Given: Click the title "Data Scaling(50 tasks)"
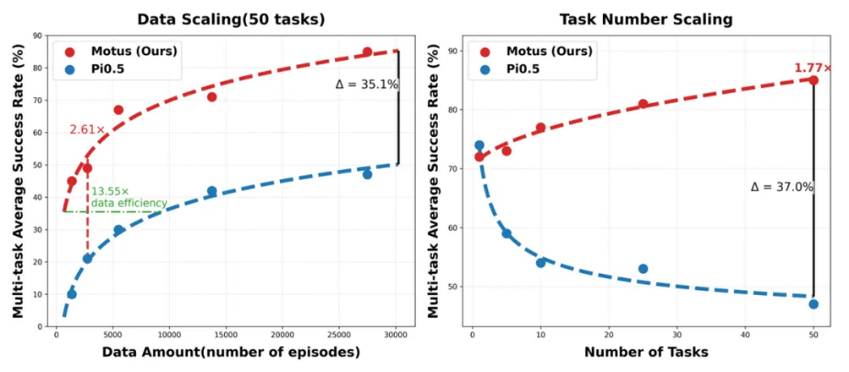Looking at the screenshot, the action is (x=230, y=20).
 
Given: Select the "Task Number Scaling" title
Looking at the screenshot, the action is (x=646, y=20).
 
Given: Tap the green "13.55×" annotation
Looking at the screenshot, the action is (x=110, y=192).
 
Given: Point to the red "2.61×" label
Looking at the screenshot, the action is (x=86, y=130).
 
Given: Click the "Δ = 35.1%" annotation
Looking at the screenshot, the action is (x=366, y=85).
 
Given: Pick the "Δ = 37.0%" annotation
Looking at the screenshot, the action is (x=782, y=186).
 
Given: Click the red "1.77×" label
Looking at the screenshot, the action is (x=812, y=68).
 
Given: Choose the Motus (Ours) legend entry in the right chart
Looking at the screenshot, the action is (x=536, y=51).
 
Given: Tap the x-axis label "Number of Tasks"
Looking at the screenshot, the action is (x=646, y=353).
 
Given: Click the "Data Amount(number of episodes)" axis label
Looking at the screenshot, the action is (x=231, y=353).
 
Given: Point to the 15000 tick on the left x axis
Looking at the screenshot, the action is (x=226, y=335).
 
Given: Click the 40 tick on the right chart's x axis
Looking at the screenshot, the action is (x=745, y=335).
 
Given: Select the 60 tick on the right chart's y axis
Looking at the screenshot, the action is (x=453, y=228).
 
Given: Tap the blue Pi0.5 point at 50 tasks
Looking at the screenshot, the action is (x=813, y=304).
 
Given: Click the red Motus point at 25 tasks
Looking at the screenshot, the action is (x=642, y=104).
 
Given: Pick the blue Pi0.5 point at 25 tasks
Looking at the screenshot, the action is (x=642, y=268).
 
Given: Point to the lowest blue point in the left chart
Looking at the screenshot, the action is (x=72, y=294).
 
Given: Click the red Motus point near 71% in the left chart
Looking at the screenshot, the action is (x=212, y=97).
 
